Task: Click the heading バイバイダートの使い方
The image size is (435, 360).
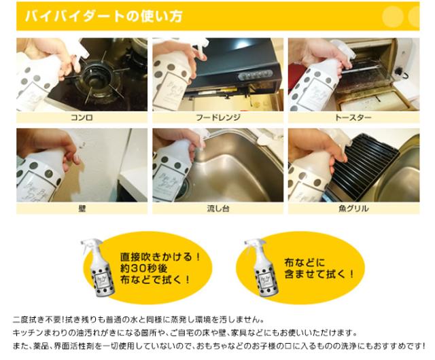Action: pyautogui.click(x=104, y=16)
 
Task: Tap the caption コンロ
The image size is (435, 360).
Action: pyautogui.click(x=82, y=118)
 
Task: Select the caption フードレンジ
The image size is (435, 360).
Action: pyautogui.click(x=218, y=118)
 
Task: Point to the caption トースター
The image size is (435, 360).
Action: pyautogui.click(x=353, y=118)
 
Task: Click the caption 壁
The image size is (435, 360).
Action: pyautogui.click(x=82, y=209)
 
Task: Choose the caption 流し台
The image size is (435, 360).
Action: pyautogui.click(x=218, y=209)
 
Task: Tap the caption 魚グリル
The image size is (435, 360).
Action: pyautogui.click(x=353, y=209)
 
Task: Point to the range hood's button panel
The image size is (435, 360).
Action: pyautogui.click(x=255, y=75)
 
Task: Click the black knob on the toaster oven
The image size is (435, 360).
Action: pyautogui.click(x=398, y=71)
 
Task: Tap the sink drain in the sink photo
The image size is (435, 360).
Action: pyautogui.click(x=183, y=188)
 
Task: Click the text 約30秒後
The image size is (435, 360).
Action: pyautogui.click(x=143, y=268)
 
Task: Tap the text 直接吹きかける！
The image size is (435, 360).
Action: pyautogui.click(x=160, y=257)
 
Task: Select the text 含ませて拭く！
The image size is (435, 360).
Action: pyautogui.click(x=319, y=274)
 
